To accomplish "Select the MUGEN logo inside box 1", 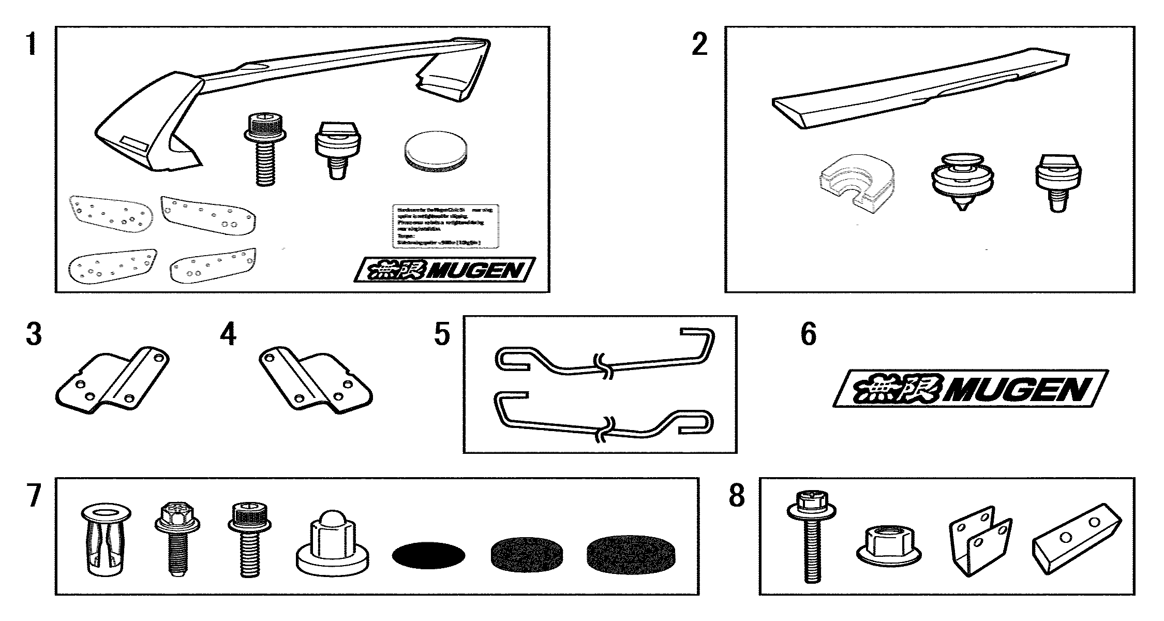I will coord(445,270).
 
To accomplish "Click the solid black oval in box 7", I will coord(428,555).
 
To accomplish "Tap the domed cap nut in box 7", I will coord(332,545).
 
